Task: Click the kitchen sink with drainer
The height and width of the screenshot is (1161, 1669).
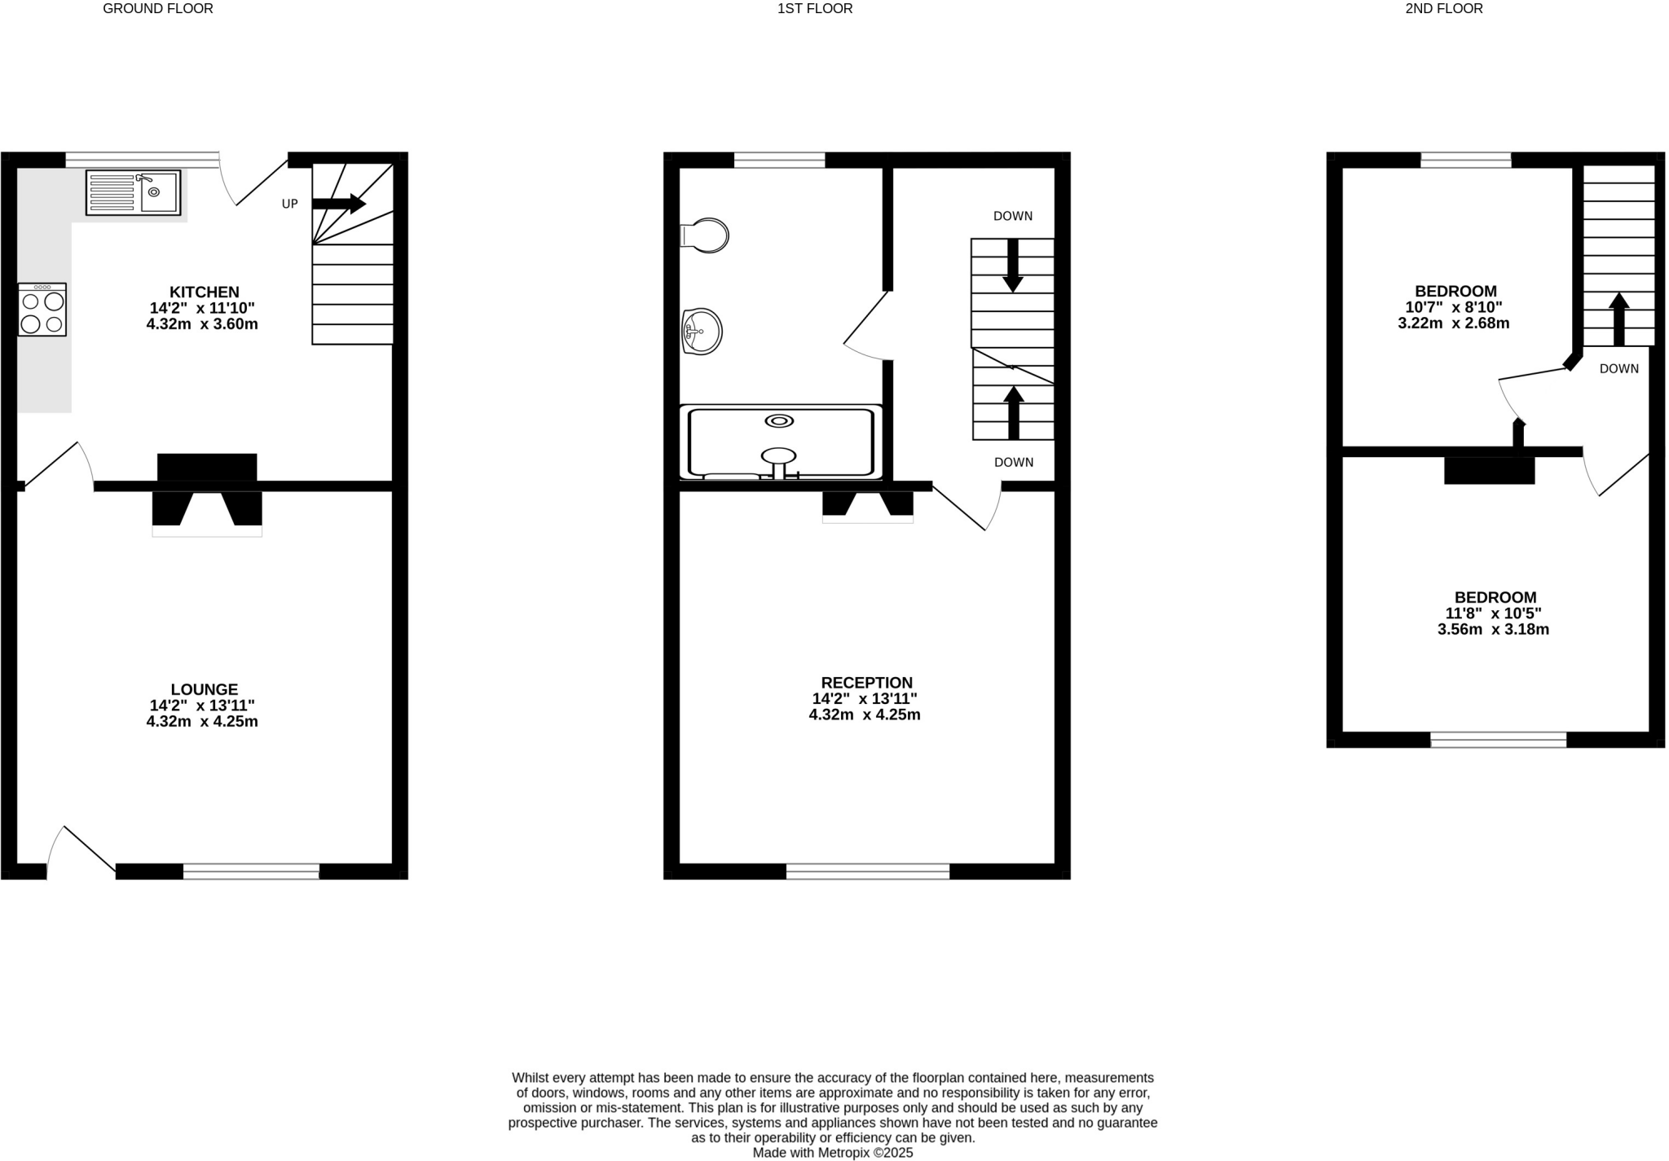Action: point(133,193)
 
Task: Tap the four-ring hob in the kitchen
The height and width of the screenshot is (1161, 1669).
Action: point(42,310)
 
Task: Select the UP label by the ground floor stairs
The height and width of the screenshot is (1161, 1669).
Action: point(289,204)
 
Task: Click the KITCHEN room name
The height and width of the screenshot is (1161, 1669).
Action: point(204,292)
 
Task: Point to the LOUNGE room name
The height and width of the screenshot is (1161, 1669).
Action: point(204,689)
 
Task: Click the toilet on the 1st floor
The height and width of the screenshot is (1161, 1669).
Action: point(706,235)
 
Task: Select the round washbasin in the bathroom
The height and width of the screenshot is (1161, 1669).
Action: point(702,331)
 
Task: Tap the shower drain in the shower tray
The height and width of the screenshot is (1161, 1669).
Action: point(779,420)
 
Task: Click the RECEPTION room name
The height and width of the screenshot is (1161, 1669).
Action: point(866,683)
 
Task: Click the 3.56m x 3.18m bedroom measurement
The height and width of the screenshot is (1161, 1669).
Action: point(1493,629)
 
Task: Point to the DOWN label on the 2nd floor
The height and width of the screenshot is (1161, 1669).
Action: point(1618,368)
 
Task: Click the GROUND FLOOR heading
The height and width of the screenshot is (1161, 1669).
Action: point(158,9)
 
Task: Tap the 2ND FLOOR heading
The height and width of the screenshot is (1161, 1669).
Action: point(1455,9)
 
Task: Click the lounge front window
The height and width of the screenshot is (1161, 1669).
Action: point(251,871)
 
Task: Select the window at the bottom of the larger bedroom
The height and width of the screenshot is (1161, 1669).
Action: point(1498,739)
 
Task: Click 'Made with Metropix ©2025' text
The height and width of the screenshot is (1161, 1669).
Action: point(832,1153)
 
